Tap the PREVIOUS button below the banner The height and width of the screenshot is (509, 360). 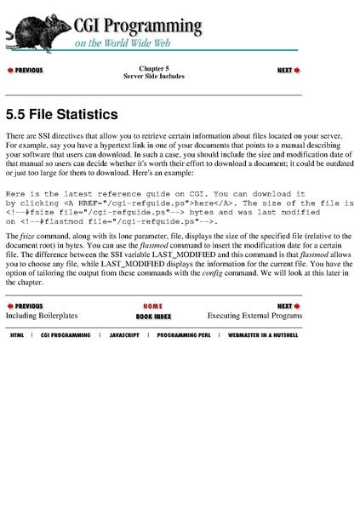coord(26,71)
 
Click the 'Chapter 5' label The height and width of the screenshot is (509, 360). coord(154,67)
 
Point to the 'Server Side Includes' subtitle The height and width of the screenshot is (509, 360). coord(154,76)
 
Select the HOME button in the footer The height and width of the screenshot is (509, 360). coord(153,306)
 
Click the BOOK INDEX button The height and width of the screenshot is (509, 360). coord(153,316)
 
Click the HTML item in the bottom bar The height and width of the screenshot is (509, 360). coord(17,336)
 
